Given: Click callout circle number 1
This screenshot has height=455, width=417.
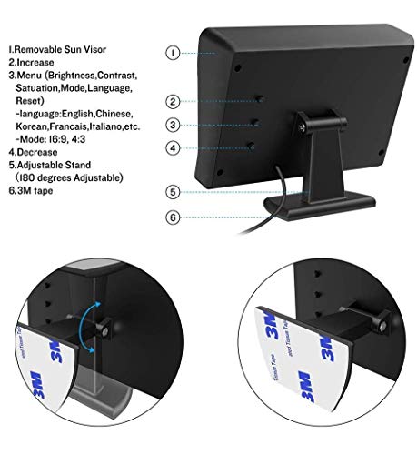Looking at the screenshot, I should pyautogui.click(x=174, y=53).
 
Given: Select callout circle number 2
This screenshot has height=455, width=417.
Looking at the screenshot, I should pyautogui.click(x=174, y=102).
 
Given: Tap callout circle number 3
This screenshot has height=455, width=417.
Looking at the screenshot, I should pyautogui.click(x=174, y=125).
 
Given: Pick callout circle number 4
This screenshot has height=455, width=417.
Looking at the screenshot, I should pyautogui.click(x=174, y=147).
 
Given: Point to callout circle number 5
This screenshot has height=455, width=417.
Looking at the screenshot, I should pyautogui.click(x=174, y=192).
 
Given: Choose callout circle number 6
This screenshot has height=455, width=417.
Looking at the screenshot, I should pyautogui.click(x=174, y=217).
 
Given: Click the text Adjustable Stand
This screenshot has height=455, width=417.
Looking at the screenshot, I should pyautogui.click(x=49, y=165).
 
